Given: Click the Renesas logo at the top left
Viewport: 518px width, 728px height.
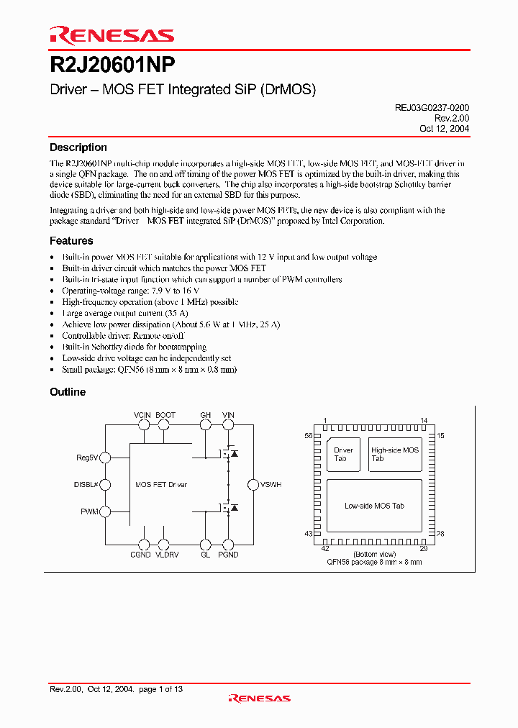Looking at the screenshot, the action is point(112,35).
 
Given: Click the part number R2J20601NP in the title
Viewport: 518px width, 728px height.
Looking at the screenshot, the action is point(112,65).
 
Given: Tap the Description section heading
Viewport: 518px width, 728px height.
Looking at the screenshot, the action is point(78,147).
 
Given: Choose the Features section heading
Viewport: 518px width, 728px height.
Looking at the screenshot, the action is point(71,241).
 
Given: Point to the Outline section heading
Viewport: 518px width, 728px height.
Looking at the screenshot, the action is point(68,392).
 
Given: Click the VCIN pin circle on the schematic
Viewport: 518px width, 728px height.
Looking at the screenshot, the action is point(144,425).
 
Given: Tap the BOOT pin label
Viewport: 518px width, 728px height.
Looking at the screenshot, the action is point(165,415).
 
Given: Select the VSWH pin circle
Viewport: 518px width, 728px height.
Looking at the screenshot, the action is point(253,485).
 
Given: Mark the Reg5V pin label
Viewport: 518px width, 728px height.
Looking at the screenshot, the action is point(87,458).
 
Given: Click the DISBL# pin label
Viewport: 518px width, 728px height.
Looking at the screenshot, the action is point(86,485).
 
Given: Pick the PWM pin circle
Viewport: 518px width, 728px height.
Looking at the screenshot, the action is point(105,511).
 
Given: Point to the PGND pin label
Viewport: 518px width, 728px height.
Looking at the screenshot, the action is point(228,555).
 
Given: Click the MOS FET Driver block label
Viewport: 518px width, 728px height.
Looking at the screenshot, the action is point(161,485).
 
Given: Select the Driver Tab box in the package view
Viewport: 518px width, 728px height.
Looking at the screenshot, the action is point(343,455).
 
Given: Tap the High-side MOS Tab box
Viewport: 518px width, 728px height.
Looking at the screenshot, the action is point(395,455).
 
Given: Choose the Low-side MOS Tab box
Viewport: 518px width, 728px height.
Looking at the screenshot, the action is point(374,506).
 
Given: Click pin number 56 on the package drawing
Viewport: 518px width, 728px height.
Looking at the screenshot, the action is point(309,436).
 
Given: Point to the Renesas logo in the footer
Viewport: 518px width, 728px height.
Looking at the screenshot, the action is point(259,697).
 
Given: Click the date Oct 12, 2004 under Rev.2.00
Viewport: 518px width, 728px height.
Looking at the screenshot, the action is point(445,128).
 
